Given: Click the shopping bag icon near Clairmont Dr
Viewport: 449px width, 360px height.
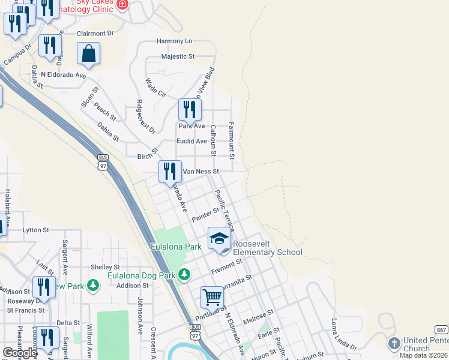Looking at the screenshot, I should click(x=88, y=53).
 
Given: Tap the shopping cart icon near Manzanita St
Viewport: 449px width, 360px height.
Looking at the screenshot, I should click(x=212, y=296).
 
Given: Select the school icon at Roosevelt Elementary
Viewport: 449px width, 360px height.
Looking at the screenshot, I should click(x=219, y=239).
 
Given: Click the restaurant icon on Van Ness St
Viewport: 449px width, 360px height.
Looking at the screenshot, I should click(x=170, y=171).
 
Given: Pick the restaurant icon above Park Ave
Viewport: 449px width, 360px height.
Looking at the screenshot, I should click(x=190, y=110).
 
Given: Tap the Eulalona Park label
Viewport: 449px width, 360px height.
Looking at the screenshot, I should click(x=176, y=247).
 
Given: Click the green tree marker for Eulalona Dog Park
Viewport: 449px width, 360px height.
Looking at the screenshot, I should click(x=184, y=275).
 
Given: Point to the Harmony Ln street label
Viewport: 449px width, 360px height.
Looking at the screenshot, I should click(x=174, y=41).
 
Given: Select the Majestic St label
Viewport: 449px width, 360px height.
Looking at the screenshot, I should click(x=178, y=56).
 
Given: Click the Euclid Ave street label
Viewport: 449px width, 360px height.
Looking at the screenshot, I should click(x=191, y=142).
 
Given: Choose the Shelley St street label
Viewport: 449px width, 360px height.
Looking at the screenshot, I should click(x=105, y=267).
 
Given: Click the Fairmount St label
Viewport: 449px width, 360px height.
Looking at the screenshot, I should click(x=231, y=141).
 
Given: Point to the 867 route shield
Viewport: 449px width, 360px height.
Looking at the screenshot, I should click(x=441, y=329).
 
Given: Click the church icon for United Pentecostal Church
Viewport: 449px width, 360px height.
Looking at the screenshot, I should click(x=394, y=344).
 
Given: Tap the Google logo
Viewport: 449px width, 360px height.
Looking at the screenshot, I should click(x=20, y=353).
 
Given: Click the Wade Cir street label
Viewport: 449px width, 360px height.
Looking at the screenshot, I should click(x=155, y=87).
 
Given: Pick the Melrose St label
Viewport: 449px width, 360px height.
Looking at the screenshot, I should click(x=258, y=317).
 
